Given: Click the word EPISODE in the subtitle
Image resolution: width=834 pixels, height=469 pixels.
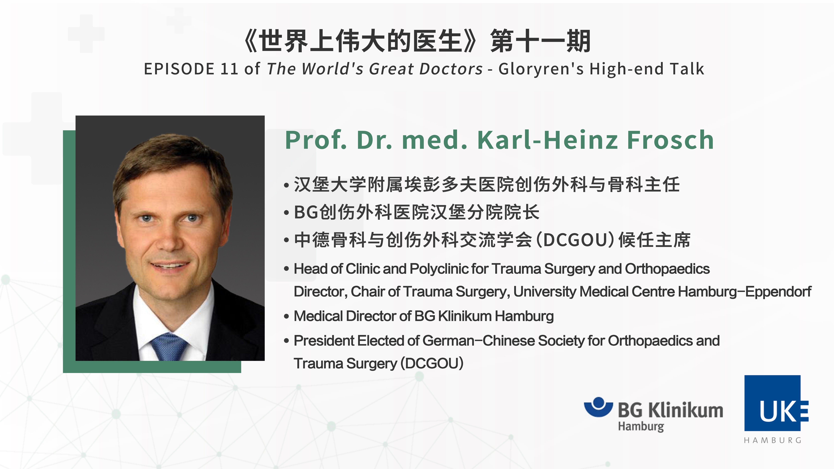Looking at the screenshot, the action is pyautogui.click(x=179, y=69).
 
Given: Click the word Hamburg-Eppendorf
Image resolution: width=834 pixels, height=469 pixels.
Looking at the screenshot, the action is pyautogui.click(x=745, y=292).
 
